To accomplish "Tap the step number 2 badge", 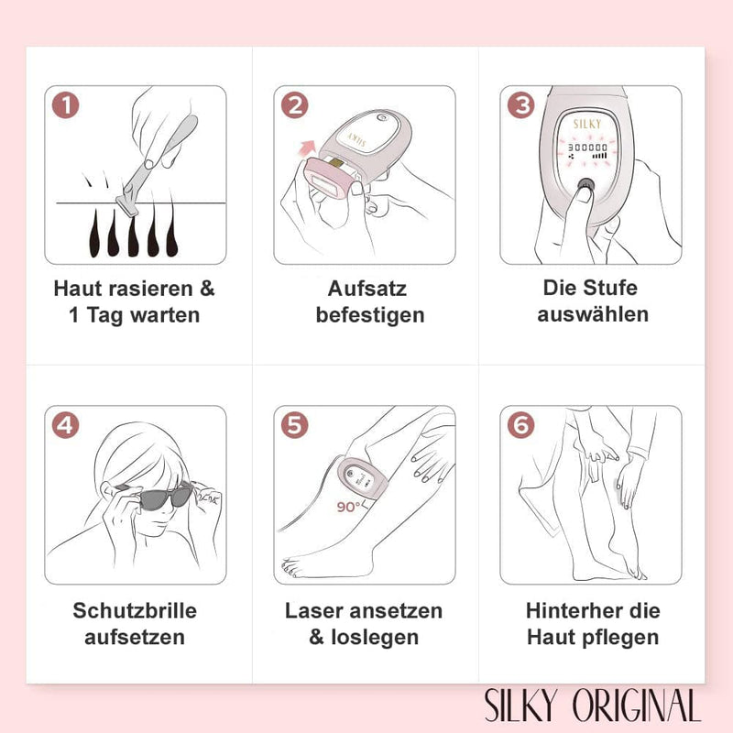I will (294, 104).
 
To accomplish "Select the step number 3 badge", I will (520, 104).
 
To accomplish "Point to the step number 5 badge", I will (294, 426).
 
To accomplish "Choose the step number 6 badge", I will (520, 426).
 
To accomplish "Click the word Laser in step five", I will (314, 610).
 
